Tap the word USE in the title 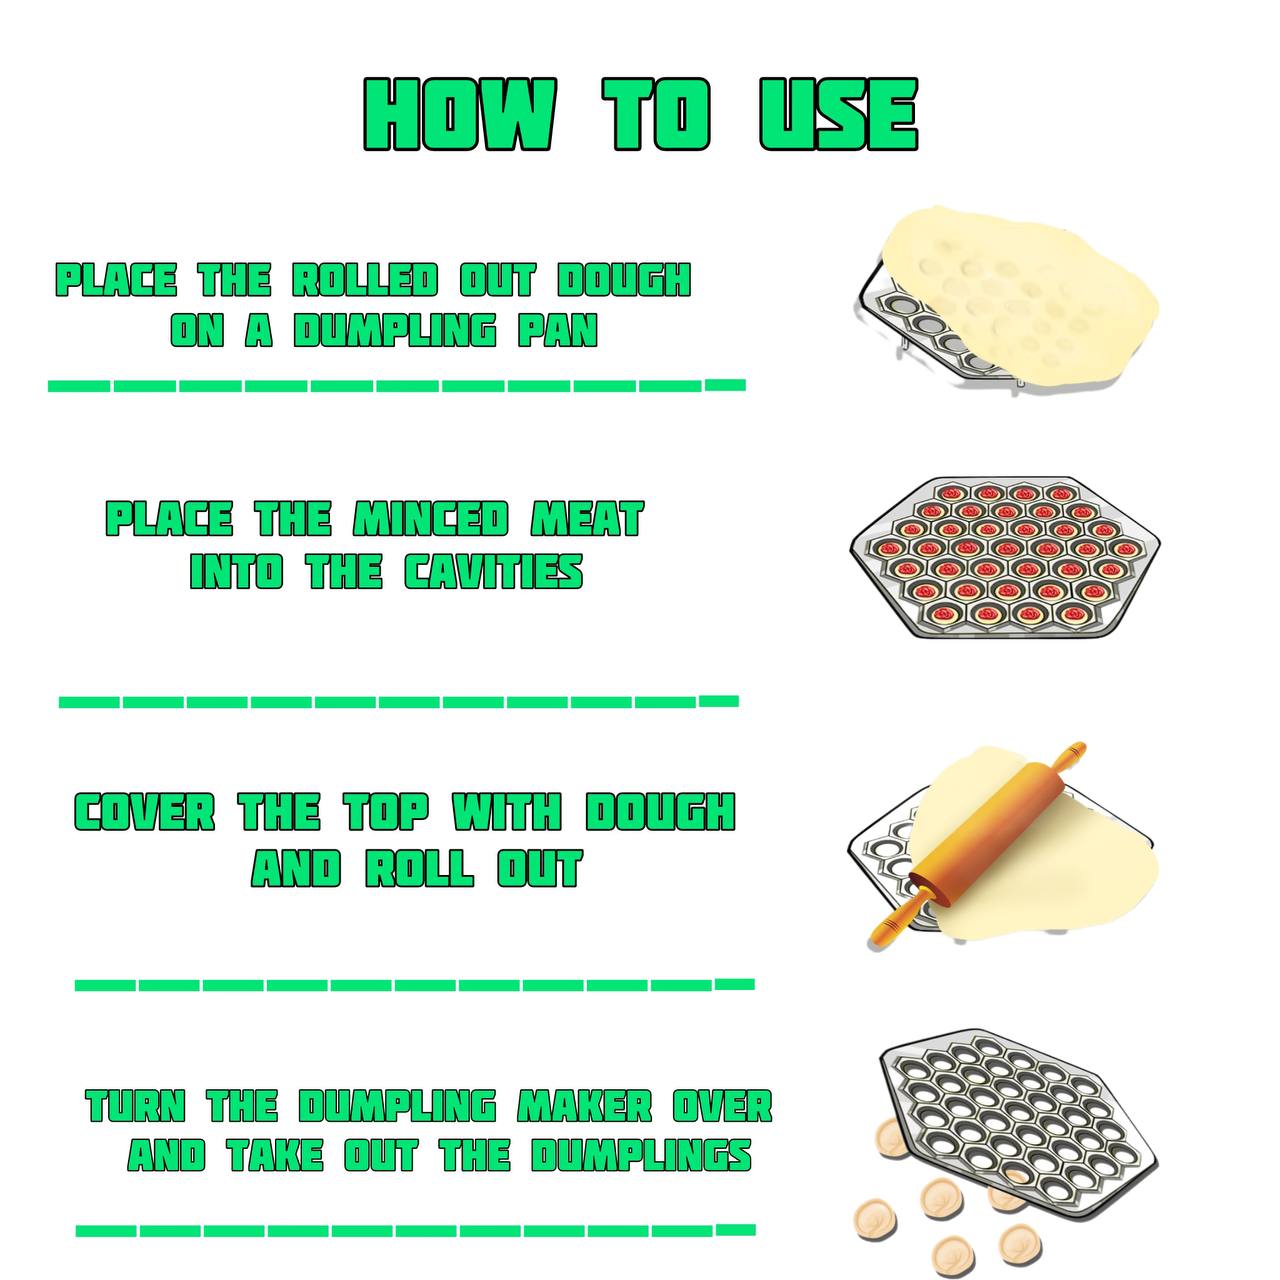click(x=839, y=114)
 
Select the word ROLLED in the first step click(x=365, y=280)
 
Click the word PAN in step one click(x=558, y=330)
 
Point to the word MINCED click(x=431, y=519)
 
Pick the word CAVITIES click(x=494, y=571)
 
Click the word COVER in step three click(x=145, y=812)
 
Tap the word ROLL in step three click(x=420, y=868)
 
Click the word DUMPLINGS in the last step click(x=641, y=1155)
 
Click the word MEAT click(x=587, y=519)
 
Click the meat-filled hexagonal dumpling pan click(x=1005, y=557)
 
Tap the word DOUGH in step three click(x=660, y=812)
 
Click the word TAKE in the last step click(x=275, y=1155)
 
